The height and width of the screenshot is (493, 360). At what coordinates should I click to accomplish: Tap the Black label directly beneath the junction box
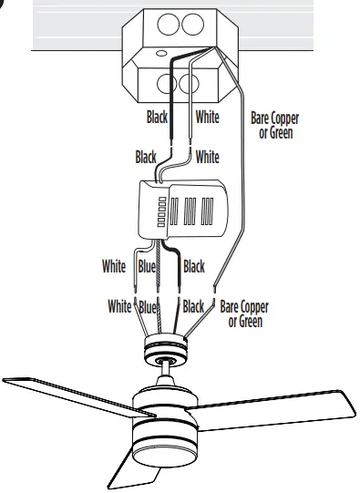[x=159, y=118]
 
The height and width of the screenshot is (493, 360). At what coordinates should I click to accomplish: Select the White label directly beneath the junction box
[x=208, y=118]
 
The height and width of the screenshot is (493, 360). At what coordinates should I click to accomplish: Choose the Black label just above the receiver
[x=146, y=157]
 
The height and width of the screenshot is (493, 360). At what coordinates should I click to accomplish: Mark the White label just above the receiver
[x=208, y=157]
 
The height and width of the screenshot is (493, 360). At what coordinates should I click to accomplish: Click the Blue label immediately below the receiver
[x=148, y=267]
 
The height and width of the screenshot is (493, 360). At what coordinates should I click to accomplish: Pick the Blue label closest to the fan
[x=149, y=307]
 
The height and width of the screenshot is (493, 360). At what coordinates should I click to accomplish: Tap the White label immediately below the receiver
[x=114, y=267]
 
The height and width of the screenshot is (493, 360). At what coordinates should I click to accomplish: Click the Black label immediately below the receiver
[x=194, y=267]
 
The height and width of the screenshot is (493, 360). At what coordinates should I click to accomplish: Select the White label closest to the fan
[x=119, y=307]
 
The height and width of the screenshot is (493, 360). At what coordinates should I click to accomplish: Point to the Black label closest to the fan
[x=193, y=307]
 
